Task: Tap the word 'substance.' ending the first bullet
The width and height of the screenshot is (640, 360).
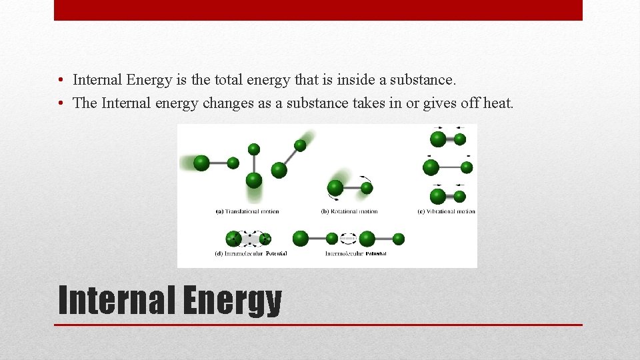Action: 424,80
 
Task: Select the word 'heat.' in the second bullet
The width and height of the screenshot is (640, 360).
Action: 498,103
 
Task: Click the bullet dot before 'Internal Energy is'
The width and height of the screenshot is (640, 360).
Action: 61,81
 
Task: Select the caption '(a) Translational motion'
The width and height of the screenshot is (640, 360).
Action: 247,211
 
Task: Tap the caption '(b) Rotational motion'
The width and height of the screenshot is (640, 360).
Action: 349,211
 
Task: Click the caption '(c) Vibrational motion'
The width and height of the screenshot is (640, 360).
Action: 446,211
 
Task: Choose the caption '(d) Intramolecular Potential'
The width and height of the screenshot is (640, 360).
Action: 251,254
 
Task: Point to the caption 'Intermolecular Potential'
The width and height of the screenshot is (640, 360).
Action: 356,254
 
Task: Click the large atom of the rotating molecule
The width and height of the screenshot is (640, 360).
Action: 335,189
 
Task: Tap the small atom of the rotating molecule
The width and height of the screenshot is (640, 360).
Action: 367,188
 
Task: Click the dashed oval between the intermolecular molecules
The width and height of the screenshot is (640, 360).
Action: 349,238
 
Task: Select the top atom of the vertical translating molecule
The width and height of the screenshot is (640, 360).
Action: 253,149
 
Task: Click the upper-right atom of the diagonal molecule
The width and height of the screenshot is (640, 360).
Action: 301,145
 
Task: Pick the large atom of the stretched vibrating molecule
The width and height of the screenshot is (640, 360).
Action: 430,167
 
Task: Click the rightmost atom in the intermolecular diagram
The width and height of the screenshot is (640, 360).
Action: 399,239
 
